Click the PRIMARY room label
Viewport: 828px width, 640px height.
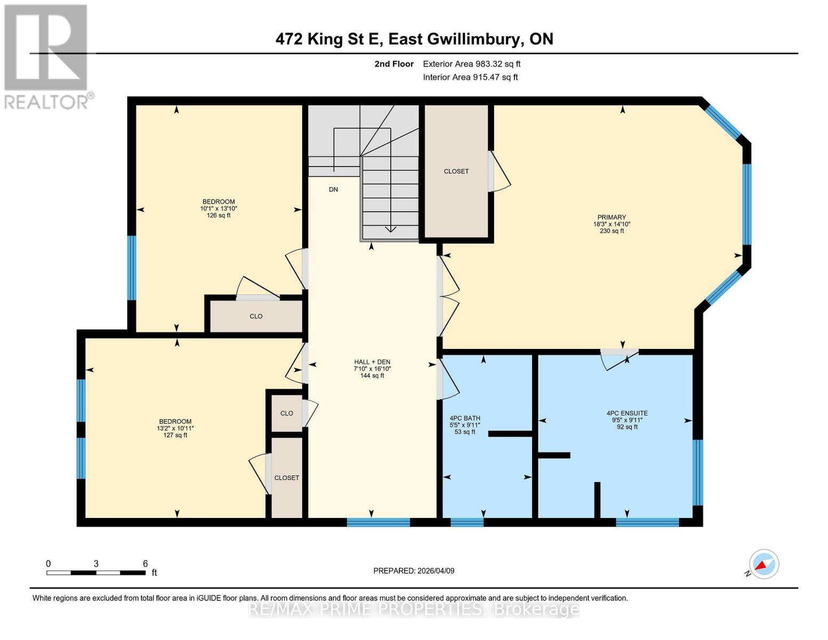[x=611, y=218]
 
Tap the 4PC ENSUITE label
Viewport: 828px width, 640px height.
[x=627, y=413]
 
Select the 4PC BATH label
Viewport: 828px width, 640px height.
[x=465, y=418]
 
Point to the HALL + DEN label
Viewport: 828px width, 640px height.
[x=372, y=362]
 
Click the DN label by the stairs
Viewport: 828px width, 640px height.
[x=333, y=189]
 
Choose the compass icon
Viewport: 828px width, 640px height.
[x=763, y=564]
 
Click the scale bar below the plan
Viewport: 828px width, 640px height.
[x=96, y=573]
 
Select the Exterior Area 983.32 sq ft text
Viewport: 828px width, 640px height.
[x=471, y=64]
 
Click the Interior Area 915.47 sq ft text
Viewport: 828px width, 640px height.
[x=470, y=77]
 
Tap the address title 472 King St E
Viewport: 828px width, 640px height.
[x=414, y=39]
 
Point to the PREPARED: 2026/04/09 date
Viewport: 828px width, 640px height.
[x=414, y=571]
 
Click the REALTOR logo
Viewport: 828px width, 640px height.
[x=46, y=56]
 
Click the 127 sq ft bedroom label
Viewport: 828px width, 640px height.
[x=175, y=435]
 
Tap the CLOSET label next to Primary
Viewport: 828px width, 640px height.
[x=456, y=171]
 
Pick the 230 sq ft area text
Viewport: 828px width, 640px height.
[x=612, y=231]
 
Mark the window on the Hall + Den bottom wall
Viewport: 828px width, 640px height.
[x=378, y=522]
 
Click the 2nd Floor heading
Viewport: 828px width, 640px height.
[x=394, y=64]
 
